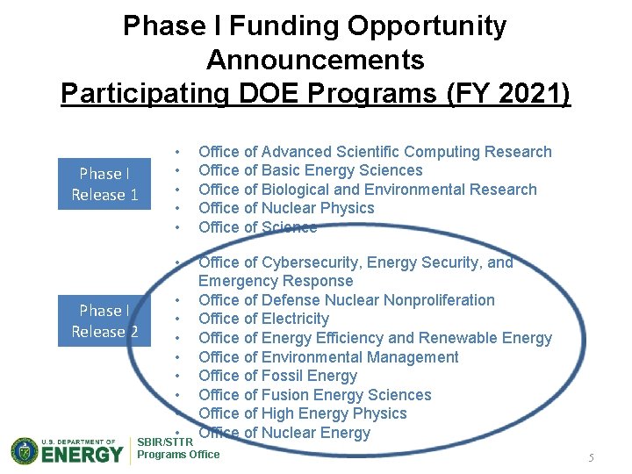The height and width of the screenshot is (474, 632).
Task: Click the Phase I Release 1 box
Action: tap(104, 184)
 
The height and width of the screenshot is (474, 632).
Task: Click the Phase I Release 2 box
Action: tap(104, 321)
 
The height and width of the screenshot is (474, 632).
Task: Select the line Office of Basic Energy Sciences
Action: tap(310, 170)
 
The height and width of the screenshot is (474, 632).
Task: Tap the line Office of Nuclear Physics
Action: tap(286, 208)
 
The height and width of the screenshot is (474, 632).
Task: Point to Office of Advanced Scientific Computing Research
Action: tap(375, 152)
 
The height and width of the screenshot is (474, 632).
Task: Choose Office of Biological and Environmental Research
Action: tap(367, 190)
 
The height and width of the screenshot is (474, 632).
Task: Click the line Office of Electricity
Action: tap(263, 319)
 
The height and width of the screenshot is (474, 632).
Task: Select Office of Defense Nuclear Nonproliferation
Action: tap(346, 300)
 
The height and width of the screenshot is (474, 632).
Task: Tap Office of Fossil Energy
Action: tap(277, 376)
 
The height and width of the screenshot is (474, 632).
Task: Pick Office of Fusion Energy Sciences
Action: tap(314, 395)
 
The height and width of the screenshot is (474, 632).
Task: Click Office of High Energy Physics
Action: tap(302, 413)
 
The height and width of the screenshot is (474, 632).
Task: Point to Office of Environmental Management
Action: tap(328, 357)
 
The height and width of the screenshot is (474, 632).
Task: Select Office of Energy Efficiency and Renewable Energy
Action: tap(375, 338)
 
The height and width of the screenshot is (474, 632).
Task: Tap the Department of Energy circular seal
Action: tap(25, 451)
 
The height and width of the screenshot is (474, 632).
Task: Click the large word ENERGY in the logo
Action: tap(83, 455)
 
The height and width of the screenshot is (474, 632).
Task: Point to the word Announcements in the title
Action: tap(315, 60)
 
